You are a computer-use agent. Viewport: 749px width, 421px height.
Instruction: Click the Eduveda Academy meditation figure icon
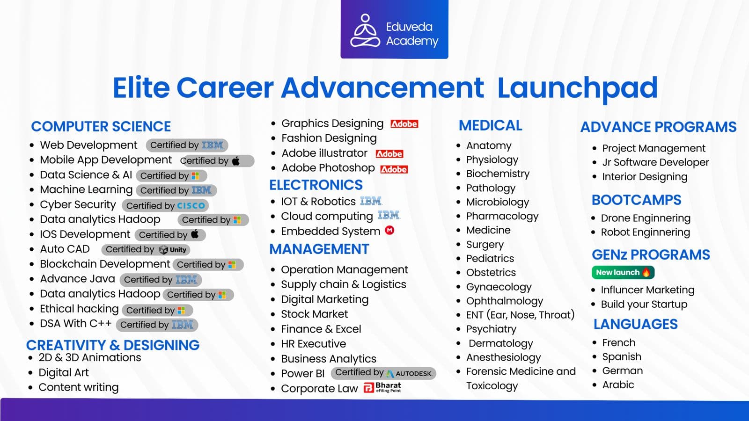(x=365, y=31)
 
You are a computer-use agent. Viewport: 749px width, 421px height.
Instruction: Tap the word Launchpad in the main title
(x=577, y=87)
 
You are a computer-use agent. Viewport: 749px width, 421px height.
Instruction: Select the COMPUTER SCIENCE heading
(x=101, y=126)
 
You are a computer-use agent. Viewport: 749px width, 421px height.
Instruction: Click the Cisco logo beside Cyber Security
(x=191, y=205)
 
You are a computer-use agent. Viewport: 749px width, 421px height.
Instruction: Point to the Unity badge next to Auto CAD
(x=173, y=250)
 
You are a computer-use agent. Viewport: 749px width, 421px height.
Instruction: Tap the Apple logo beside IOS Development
(x=195, y=234)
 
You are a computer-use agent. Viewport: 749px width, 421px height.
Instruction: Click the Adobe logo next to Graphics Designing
(x=404, y=124)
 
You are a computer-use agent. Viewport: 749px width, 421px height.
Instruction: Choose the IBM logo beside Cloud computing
(x=389, y=216)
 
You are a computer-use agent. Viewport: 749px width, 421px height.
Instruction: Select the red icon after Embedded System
(x=389, y=230)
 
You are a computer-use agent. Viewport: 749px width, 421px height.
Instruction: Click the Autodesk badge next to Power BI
(x=409, y=373)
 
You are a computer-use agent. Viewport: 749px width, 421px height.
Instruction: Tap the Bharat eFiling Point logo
(x=382, y=387)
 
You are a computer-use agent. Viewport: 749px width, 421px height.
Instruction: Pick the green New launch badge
(x=622, y=272)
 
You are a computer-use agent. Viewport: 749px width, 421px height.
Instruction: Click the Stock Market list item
(x=314, y=314)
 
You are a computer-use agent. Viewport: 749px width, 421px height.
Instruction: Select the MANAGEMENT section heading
(x=319, y=249)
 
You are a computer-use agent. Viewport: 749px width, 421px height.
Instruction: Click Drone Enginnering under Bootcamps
(x=646, y=218)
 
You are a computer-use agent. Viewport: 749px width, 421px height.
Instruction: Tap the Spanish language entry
(x=621, y=356)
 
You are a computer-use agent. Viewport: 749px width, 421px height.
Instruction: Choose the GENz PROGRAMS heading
(x=651, y=254)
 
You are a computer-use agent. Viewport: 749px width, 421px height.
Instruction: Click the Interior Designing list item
(x=645, y=176)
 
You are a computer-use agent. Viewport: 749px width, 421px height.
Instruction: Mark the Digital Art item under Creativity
(x=64, y=372)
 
